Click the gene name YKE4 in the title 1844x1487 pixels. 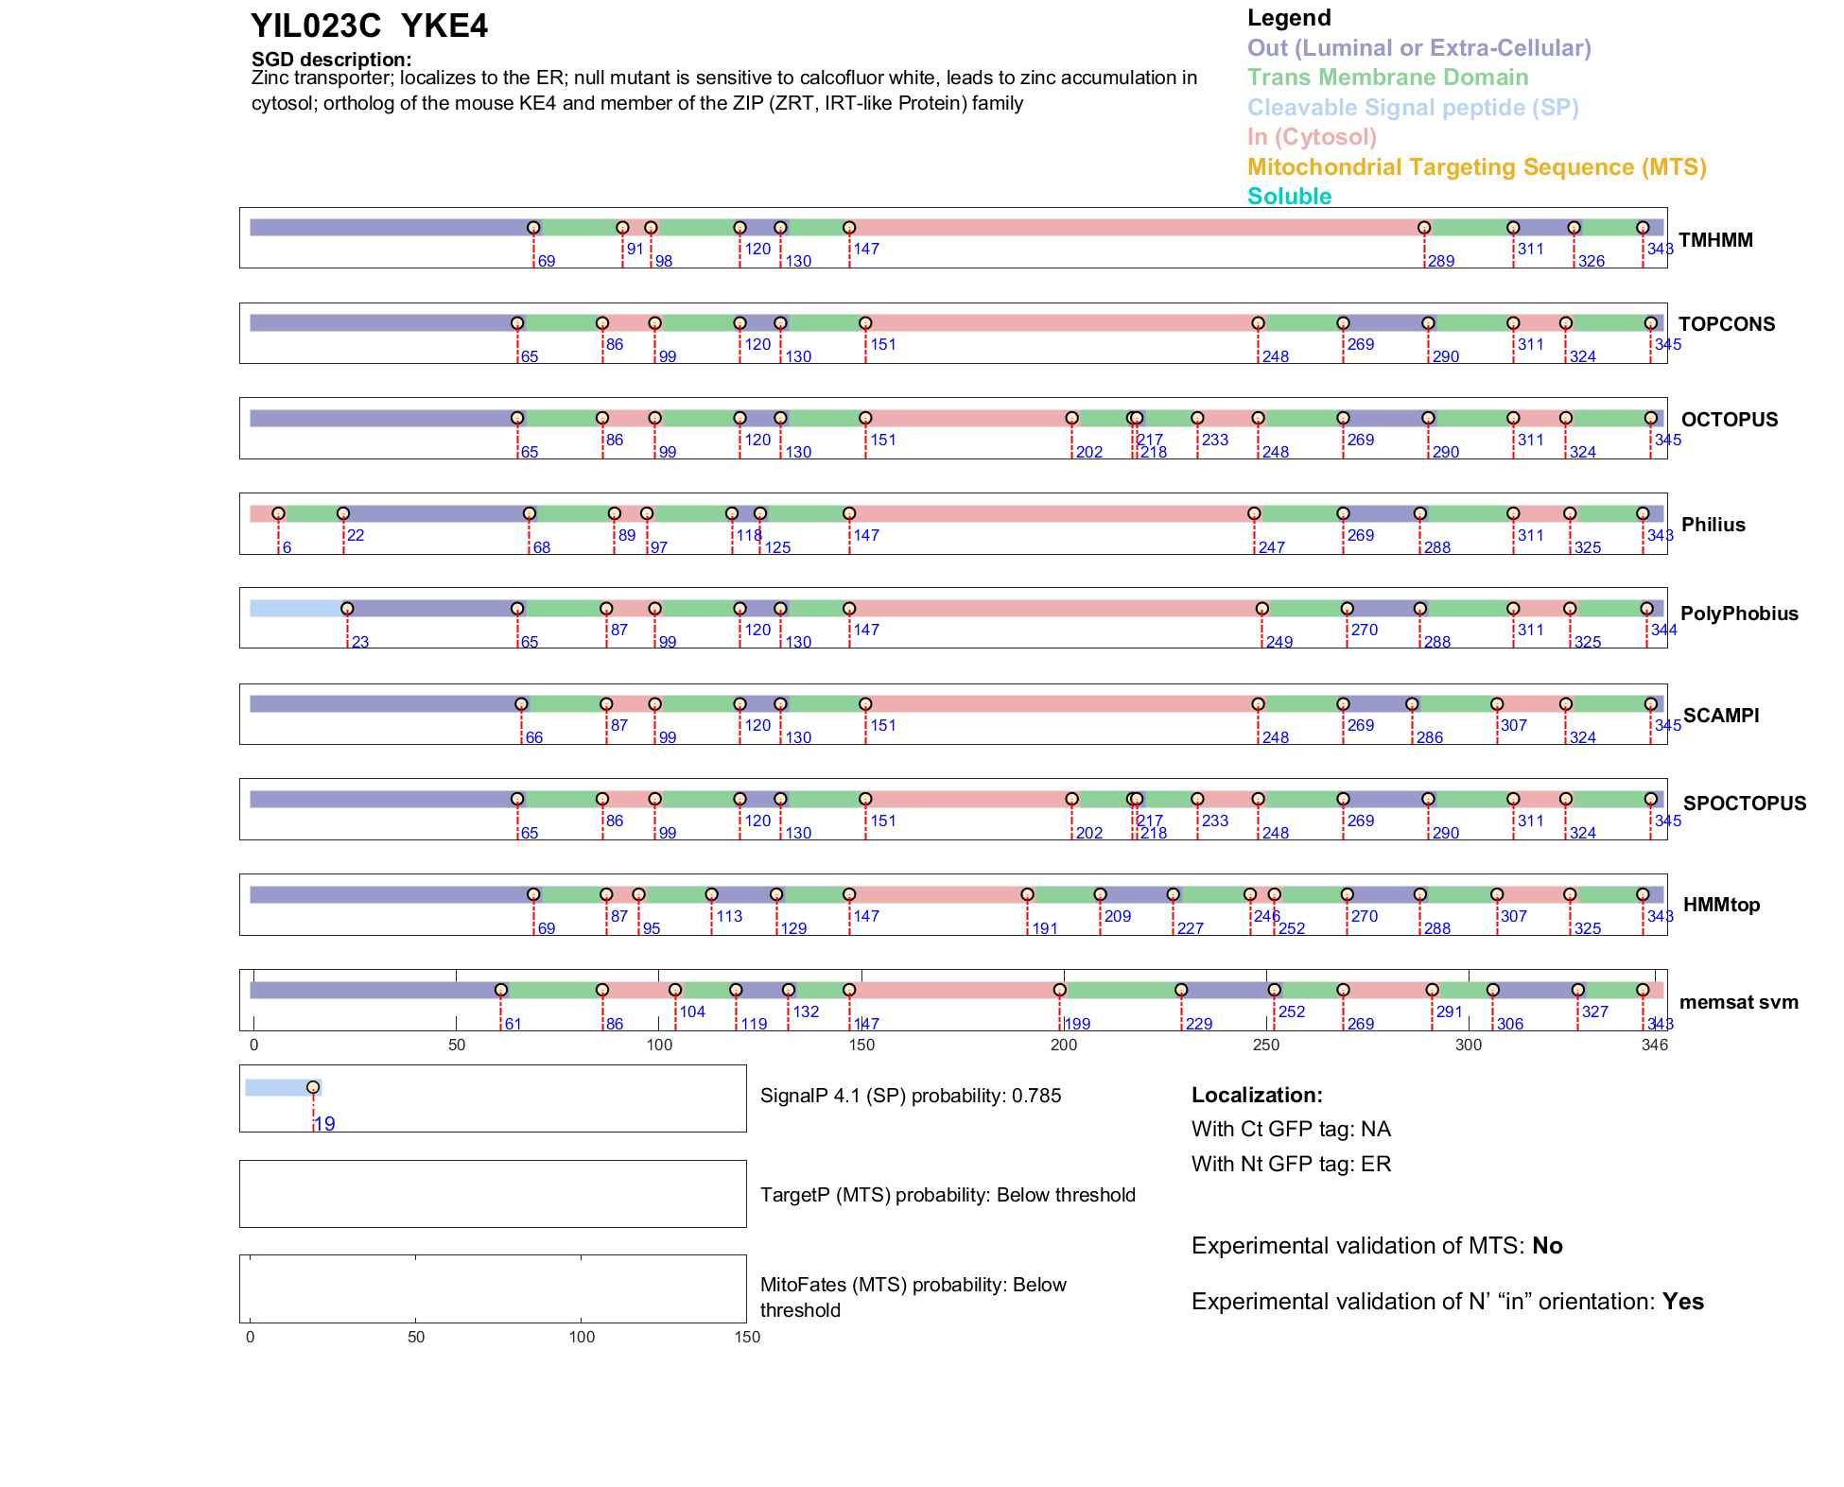(444, 26)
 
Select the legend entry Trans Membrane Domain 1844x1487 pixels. (1387, 78)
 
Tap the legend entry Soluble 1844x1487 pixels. (1289, 197)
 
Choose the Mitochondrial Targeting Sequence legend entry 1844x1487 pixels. (1476, 167)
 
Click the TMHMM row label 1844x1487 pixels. (1715, 240)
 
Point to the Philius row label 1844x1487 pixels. (1713, 525)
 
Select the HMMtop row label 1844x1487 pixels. (1721, 905)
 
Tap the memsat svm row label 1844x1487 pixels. (1738, 1002)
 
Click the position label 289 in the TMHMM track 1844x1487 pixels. (1440, 262)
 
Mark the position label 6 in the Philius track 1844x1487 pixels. (287, 548)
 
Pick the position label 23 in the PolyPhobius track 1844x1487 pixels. (359, 643)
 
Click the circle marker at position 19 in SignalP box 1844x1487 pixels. (313, 1087)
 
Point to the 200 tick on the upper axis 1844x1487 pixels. (1064, 1045)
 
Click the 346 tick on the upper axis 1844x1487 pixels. (1655, 1045)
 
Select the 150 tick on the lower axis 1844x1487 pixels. (747, 1337)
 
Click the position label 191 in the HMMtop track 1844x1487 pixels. (1044, 929)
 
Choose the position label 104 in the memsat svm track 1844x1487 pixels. (692, 1012)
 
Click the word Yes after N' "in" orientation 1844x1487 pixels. (1683, 1302)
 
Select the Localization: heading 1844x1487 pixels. (1257, 1096)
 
